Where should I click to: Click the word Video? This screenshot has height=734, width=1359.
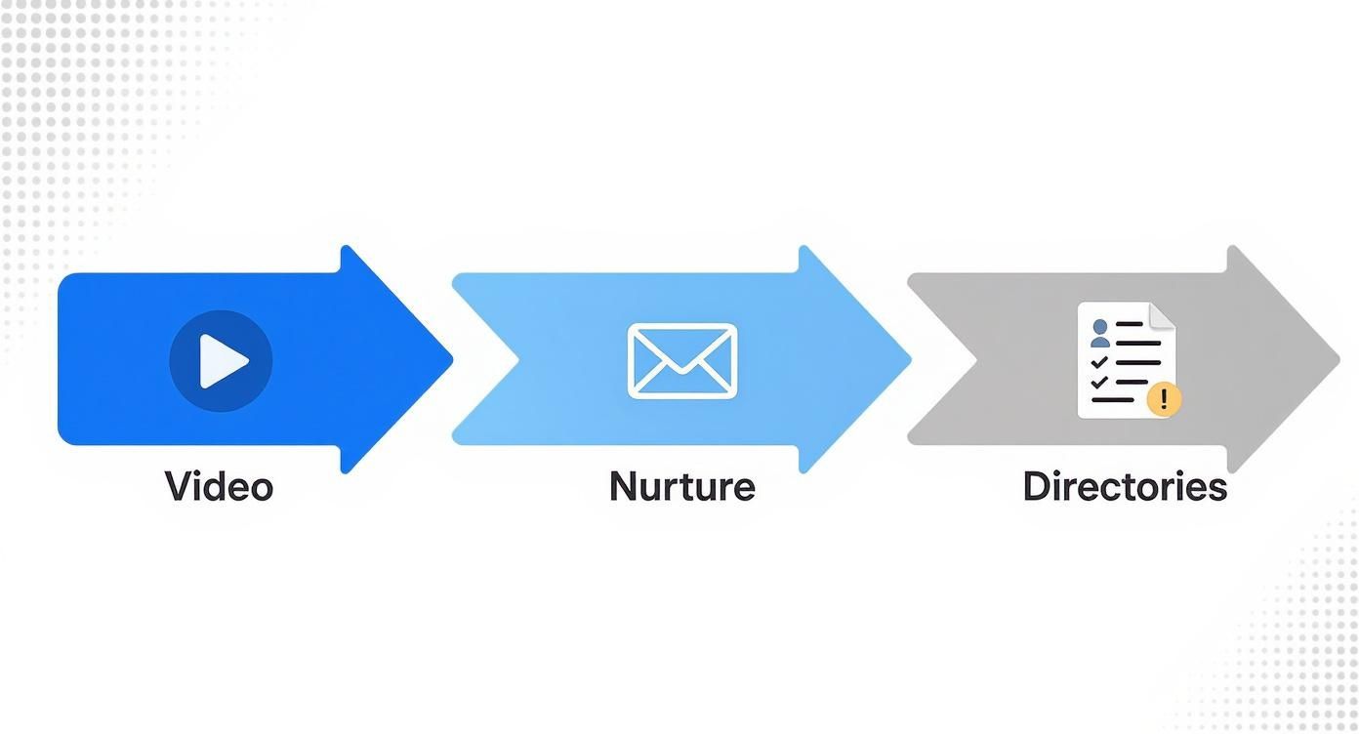pos(219,486)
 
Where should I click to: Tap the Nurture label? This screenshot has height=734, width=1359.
pos(682,486)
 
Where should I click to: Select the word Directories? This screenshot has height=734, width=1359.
pos(1125,486)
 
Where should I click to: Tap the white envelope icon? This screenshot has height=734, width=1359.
pos(682,361)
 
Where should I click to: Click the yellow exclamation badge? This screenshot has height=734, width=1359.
pos(1164,399)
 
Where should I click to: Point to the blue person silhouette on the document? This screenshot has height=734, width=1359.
pos(1100,334)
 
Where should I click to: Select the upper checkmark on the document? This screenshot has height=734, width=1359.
pos(1099,363)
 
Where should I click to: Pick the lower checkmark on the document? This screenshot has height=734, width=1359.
pos(1099,383)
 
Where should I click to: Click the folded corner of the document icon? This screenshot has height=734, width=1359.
pos(1163,316)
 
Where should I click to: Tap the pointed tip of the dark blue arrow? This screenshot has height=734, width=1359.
pos(453,360)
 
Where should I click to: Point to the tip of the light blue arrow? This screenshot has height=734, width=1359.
pos(911,360)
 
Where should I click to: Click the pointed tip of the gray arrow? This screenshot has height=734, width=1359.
pos(1339,360)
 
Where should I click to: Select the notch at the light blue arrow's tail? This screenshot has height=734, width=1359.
pos(519,360)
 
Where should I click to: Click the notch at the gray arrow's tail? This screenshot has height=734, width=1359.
pos(976,360)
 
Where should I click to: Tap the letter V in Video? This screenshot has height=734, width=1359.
pos(180,486)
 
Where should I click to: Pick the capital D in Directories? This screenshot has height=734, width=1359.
pos(1036,486)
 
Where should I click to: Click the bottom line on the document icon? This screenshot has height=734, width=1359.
pos(1113,400)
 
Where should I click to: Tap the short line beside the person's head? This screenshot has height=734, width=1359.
pos(1129,324)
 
